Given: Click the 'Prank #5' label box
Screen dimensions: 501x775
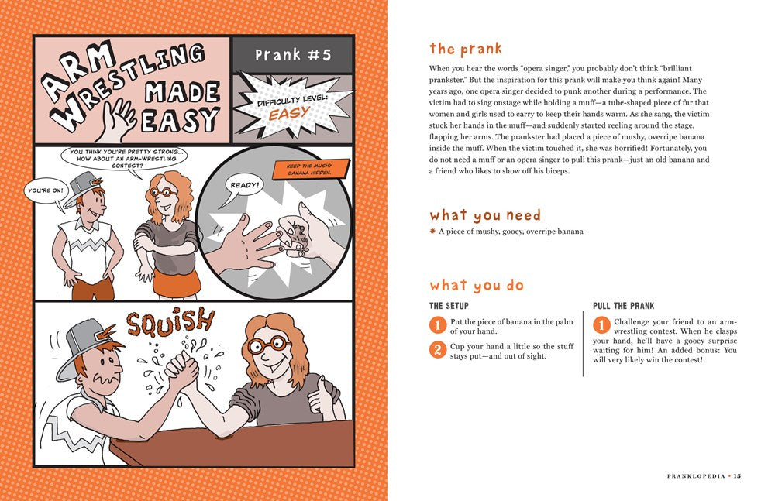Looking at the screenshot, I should click(x=293, y=55).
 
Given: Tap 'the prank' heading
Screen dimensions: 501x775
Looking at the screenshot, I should click(x=465, y=49).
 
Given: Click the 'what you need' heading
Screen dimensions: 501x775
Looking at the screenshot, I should click(x=485, y=214).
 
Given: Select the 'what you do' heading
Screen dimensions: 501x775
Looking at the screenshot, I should click(x=477, y=285).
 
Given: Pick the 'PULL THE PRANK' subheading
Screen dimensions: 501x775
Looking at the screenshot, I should click(x=624, y=306).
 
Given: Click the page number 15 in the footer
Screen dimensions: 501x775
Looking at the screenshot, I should click(x=737, y=475).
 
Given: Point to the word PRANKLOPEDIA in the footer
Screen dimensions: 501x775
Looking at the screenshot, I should click(x=696, y=475).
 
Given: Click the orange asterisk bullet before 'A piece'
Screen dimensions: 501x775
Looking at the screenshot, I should click(x=432, y=231).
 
